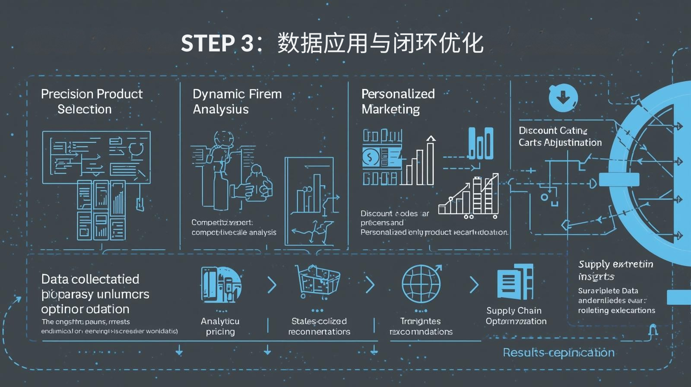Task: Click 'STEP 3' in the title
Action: [x=217, y=44]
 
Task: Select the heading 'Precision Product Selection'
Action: [x=92, y=102]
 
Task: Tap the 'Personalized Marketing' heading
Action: [x=398, y=102]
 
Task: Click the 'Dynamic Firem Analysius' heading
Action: [x=237, y=102]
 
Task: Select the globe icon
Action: [x=422, y=284]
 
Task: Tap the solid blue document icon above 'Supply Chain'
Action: [x=515, y=282]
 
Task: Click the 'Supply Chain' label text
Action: [x=513, y=311]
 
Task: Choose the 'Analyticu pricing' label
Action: [x=220, y=327]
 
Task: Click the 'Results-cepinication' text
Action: [x=558, y=352]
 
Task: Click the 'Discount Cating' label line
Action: [x=553, y=130]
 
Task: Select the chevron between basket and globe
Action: [x=370, y=285]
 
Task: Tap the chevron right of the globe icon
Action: [x=474, y=285]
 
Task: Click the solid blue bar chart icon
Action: [x=480, y=143]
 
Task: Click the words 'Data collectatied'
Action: [x=90, y=279]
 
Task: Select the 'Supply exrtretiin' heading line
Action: [x=615, y=264]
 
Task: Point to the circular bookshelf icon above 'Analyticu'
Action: [x=221, y=285]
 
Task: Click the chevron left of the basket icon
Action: [x=272, y=285]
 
